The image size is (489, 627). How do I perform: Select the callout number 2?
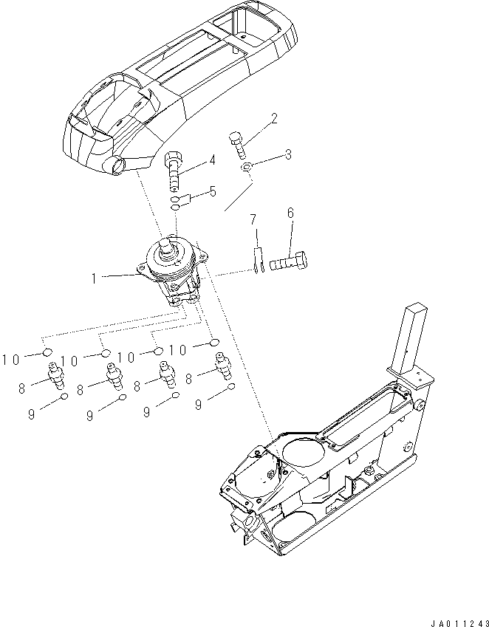[x=274, y=118]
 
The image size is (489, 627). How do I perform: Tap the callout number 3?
[x=288, y=155]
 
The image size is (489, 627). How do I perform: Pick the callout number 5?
[x=213, y=192]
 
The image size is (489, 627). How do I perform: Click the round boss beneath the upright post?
[x=418, y=405]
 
